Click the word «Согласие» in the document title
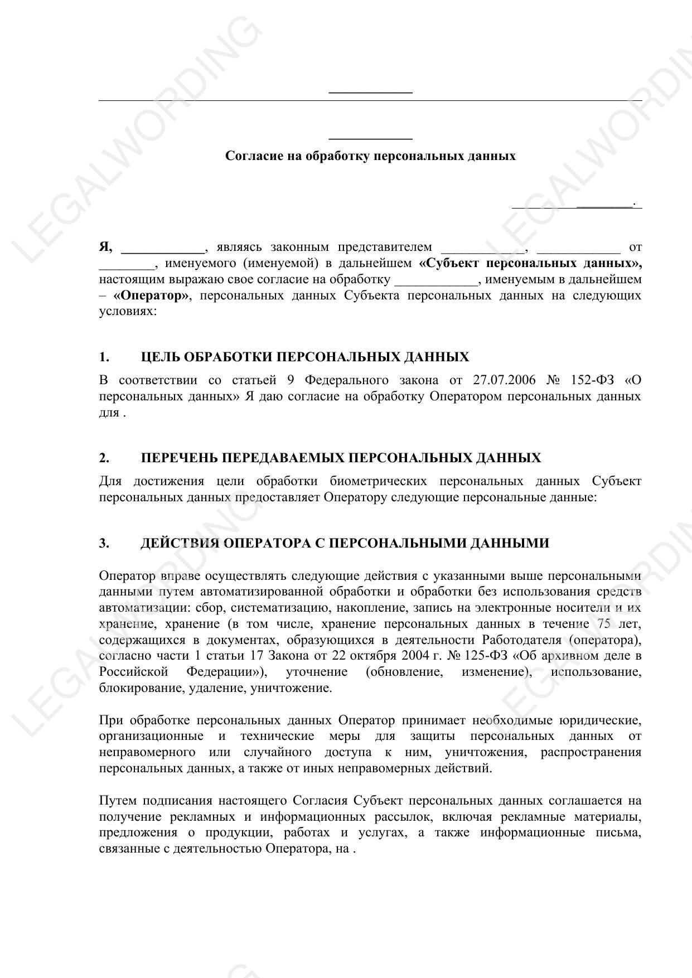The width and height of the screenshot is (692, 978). point(252,156)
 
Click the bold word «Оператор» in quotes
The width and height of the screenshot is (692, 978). point(151,295)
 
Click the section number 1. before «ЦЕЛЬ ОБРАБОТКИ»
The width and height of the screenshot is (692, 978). point(104,357)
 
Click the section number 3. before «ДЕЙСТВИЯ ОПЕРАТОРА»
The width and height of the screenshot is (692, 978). point(104,543)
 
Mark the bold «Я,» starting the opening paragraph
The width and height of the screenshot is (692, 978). point(106,247)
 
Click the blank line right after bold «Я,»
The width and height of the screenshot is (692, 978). point(163,249)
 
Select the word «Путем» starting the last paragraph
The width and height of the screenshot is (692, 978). point(117,801)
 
